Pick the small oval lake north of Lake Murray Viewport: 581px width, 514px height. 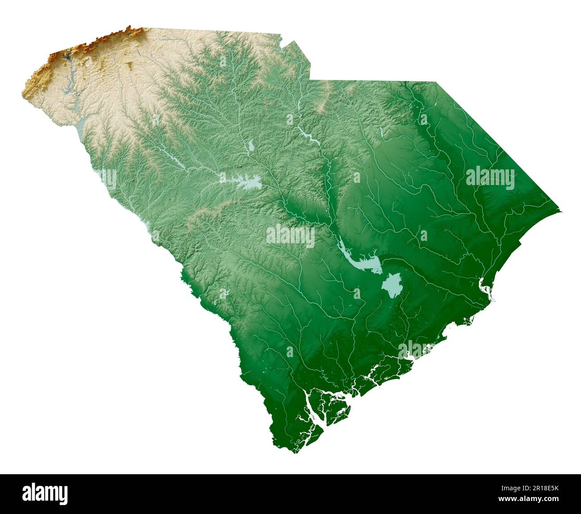tap(251, 146)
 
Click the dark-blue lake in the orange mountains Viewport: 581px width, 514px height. tap(67, 56)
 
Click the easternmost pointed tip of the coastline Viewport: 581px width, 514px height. tap(560, 211)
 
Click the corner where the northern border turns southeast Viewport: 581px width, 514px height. tap(436, 82)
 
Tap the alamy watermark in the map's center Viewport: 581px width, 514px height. tap(290, 236)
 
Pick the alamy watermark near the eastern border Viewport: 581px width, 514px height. tap(490, 177)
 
